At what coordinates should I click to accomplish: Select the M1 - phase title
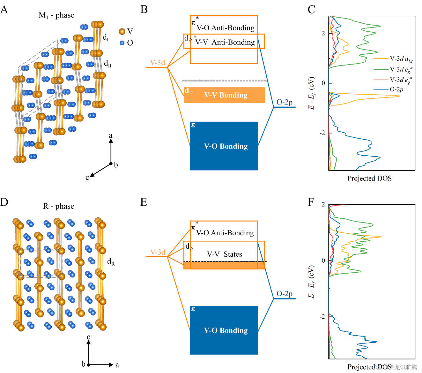coord(56,15)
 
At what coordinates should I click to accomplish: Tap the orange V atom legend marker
coord(122,31)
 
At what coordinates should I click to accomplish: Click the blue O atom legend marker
coord(122,43)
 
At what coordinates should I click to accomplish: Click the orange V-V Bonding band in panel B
coord(224,95)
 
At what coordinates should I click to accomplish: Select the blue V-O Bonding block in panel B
coord(224,146)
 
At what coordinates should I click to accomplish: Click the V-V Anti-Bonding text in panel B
coord(225,42)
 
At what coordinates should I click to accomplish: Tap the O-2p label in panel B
coord(284,102)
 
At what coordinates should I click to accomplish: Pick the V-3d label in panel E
coord(158,252)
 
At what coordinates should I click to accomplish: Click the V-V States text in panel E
coord(224,254)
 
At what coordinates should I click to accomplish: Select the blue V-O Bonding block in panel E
coord(224,330)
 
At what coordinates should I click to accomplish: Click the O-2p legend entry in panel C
coord(396,89)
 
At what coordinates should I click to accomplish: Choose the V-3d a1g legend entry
coord(401,59)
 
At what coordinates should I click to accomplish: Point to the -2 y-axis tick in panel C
coord(323,133)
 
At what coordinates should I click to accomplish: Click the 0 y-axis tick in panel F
coord(323,260)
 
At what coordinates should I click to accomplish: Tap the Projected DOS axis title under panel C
coord(369,178)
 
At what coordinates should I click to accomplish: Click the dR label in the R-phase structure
coord(111,262)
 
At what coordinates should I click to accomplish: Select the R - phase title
coord(58,206)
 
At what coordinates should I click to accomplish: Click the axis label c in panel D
coord(88,337)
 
